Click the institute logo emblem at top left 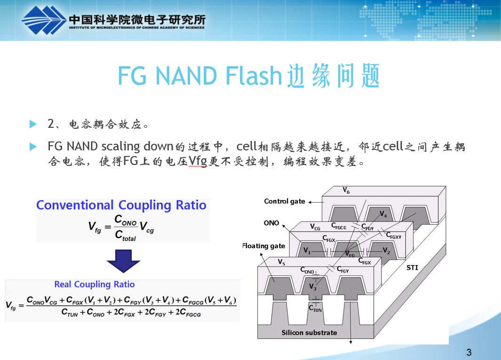pos(42,21)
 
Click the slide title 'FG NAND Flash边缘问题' pos(248,76)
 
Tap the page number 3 pos(469,352)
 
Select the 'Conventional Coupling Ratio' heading pos(121,205)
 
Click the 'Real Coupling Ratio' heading pos(95,284)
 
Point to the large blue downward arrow pos(123,261)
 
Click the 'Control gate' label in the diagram pos(285,201)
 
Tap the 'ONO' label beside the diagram pos(271,223)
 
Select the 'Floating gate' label pos(263,246)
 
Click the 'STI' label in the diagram pos(412,268)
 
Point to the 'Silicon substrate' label pos(309,333)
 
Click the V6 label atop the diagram pos(346,191)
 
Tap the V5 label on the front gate pos(281,262)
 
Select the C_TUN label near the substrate pos(315,309)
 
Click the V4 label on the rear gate pos(383,215)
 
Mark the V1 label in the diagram pos(307,251)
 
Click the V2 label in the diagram pos(386,250)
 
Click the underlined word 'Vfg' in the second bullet pos(198,162)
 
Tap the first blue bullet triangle pos(32,124)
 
